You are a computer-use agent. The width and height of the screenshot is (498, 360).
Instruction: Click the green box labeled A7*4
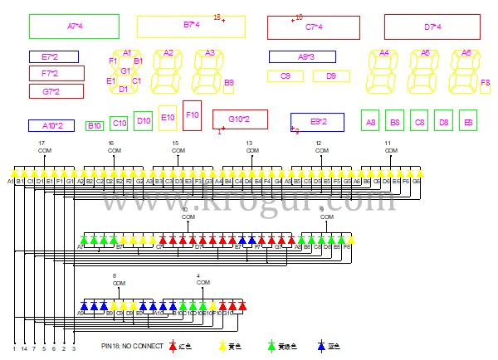point(74,27)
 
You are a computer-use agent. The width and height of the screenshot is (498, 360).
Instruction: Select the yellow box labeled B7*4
point(191,27)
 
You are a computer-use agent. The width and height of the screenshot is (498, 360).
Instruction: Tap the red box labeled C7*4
point(314,27)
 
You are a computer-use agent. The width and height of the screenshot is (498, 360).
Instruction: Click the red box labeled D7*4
point(432,27)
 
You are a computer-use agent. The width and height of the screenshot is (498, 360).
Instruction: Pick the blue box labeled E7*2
point(54,57)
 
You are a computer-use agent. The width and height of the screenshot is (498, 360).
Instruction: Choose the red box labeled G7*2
point(56,90)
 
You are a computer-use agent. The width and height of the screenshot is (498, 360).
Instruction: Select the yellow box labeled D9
point(331,76)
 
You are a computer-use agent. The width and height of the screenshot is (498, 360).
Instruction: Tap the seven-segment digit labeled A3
point(209,72)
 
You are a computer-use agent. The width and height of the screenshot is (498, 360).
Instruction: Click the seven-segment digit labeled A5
point(425,72)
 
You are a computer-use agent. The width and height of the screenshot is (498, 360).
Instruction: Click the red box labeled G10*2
point(240,119)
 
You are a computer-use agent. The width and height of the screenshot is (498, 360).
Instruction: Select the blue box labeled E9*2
point(317,122)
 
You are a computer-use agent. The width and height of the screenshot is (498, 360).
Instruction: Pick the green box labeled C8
point(419,121)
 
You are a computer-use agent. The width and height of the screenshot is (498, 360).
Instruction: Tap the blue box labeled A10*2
point(51,126)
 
